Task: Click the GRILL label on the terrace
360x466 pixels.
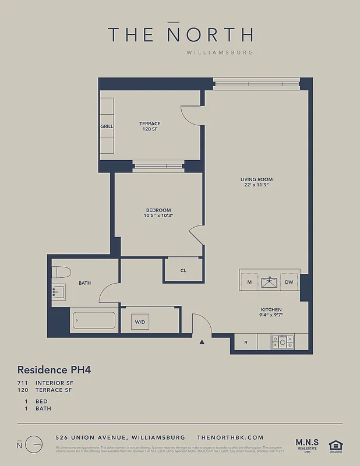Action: [107, 126]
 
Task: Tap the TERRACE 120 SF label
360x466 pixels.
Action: [150, 126]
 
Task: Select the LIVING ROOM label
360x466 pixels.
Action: [256, 182]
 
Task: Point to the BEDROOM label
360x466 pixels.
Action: [158, 213]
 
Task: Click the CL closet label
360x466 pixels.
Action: [183, 270]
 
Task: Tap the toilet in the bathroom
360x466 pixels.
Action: [61, 272]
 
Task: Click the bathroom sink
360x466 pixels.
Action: [59, 291]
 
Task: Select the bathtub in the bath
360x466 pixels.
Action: [93, 322]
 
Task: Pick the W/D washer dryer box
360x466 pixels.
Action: [140, 322]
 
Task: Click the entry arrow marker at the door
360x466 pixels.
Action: [202, 342]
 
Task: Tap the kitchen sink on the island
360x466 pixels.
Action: [269, 283]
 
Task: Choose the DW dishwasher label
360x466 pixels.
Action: [289, 283]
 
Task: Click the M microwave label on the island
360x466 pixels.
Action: [249, 283]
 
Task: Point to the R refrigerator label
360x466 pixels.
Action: [245, 343]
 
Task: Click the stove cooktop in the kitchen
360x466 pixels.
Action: [283, 341]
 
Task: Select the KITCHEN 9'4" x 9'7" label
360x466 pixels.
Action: [271, 313]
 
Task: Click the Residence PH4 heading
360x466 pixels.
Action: [54, 369]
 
